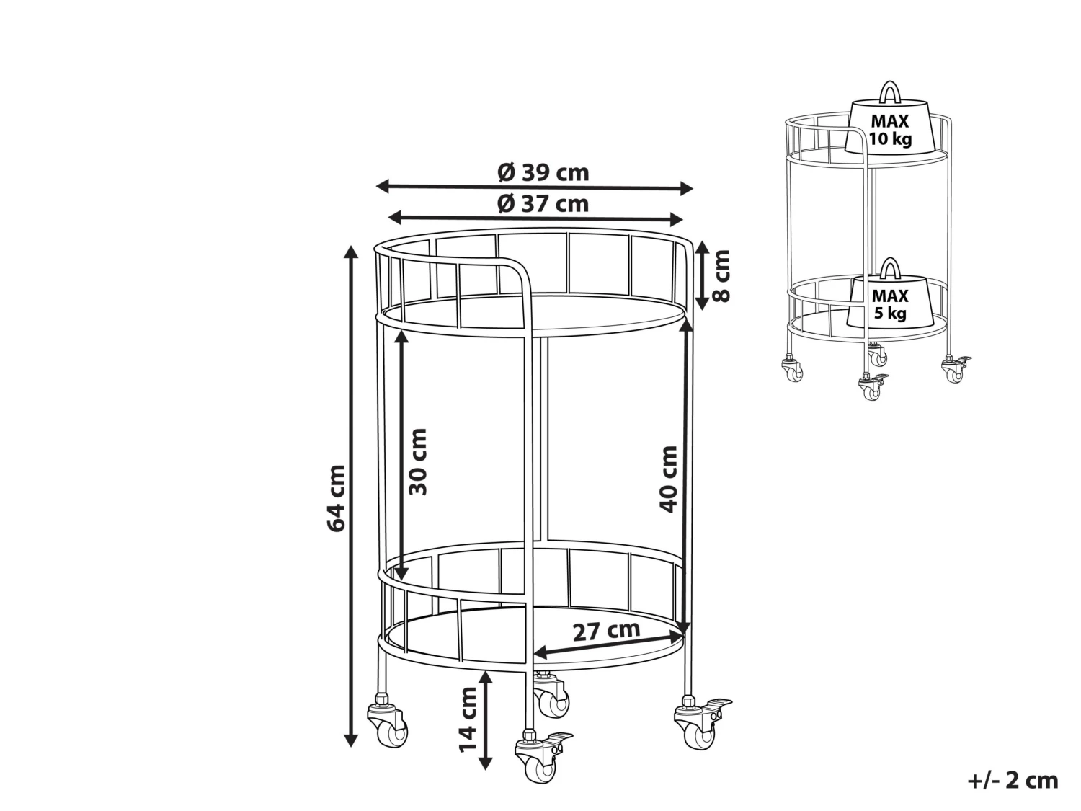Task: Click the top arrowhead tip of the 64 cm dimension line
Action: pyautogui.click(x=351, y=245)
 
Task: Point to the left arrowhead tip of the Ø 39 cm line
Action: pyautogui.click(x=375, y=186)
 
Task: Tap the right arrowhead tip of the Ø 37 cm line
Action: pyautogui.click(x=684, y=220)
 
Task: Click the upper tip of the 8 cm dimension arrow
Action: pyautogui.click(x=701, y=243)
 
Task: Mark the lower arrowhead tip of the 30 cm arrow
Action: pyautogui.click(x=401, y=580)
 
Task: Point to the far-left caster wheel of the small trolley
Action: pyautogui.click(x=793, y=369)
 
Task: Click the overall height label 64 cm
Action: pyautogui.click(x=336, y=498)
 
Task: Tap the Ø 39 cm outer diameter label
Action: pyautogui.click(x=542, y=172)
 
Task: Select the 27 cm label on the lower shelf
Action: pyautogui.click(x=606, y=631)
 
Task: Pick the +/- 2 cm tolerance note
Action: pyautogui.click(x=1013, y=781)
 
